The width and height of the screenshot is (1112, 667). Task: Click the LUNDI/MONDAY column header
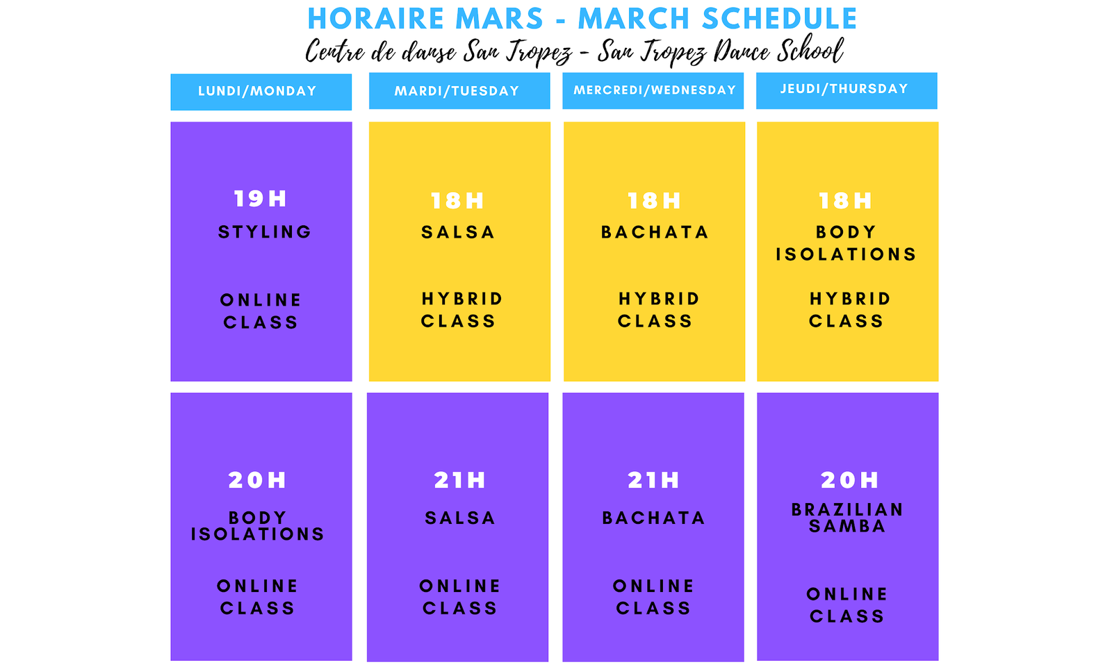[x=261, y=92]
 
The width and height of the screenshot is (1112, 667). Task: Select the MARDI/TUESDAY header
[x=459, y=91]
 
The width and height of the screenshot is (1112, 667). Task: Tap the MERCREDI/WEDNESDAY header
[x=653, y=91]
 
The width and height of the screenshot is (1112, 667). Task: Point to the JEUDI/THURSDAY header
[x=847, y=91]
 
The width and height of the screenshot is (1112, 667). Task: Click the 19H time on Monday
[x=260, y=199]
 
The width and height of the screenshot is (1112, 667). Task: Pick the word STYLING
[x=265, y=232]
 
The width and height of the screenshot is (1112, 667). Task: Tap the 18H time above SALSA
[x=457, y=201]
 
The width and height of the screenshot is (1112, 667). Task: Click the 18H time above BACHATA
[x=654, y=201]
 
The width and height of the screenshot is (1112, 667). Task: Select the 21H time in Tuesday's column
[x=459, y=480]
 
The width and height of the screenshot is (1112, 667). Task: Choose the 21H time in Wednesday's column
[x=653, y=480]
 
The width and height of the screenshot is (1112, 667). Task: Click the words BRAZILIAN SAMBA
[x=847, y=518]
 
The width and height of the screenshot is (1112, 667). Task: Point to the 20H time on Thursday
[x=849, y=480]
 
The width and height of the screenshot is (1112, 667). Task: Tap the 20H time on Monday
[x=257, y=480]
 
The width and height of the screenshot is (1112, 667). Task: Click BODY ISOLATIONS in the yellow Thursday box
[x=846, y=243]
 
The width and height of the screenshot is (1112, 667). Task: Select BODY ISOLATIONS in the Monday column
[x=258, y=525]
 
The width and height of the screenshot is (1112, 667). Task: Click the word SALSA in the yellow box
[x=458, y=232]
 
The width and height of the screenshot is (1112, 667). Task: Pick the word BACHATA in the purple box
[x=653, y=518]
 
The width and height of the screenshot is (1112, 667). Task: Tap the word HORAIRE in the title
[x=376, y=19]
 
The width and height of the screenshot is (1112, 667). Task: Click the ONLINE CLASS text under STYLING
[x=261, y=311]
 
